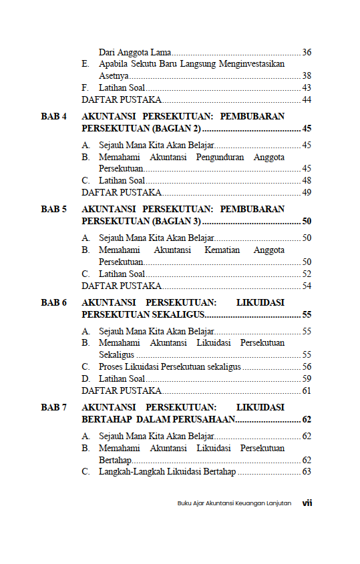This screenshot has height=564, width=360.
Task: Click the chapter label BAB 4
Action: [54, 116]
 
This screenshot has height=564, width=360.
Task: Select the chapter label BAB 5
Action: [54, 209]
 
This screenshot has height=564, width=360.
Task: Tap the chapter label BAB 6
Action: [54, 302]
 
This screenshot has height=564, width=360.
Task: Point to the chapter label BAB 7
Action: [54, 407]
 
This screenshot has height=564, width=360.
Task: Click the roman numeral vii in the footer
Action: [307, 503]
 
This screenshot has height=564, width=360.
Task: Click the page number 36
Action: [307, 52]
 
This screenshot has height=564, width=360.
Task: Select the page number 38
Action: [307, 75]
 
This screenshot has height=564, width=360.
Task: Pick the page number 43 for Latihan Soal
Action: [307, 87]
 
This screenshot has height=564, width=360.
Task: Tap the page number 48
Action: [307, 180]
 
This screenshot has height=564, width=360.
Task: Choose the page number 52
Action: [307, 274]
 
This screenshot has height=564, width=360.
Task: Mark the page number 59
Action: [307, 378]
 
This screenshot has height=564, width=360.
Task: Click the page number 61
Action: [307, 390]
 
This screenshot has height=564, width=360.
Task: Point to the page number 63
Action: [307, 472]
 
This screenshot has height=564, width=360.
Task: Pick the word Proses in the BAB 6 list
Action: [112, 366]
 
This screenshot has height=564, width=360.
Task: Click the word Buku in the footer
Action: [184, 503]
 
